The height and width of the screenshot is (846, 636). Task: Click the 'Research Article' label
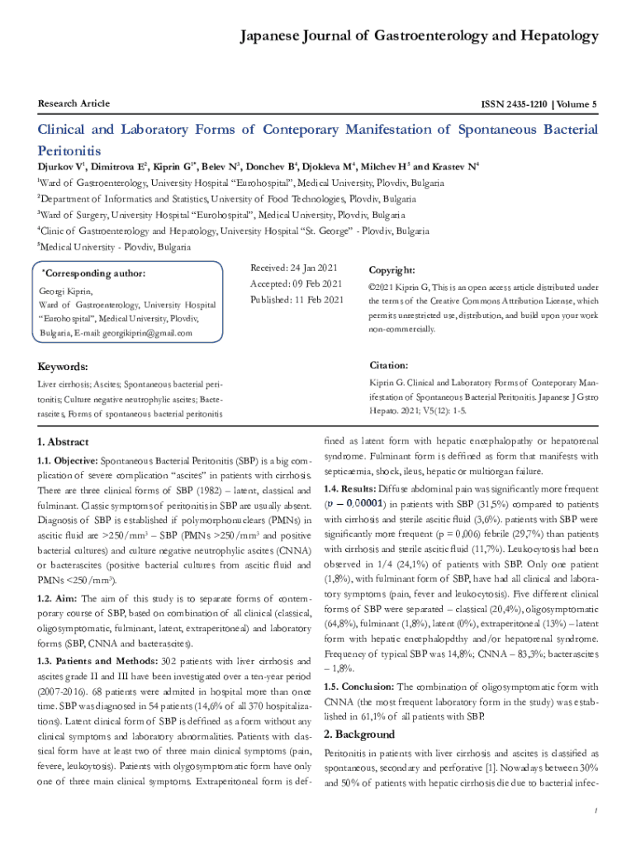(x=74, y=103)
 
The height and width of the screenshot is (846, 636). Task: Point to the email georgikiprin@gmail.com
(x=146, y=333)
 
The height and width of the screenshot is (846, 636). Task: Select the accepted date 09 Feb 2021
(x=316, y=284)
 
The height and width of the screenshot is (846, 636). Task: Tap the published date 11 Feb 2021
(x=316, y=300)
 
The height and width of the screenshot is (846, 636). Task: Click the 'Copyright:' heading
(x=392, y=270)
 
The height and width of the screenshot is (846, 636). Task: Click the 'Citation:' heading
(x=388, y=365)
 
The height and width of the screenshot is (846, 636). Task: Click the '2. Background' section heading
(x=359, y=734)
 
